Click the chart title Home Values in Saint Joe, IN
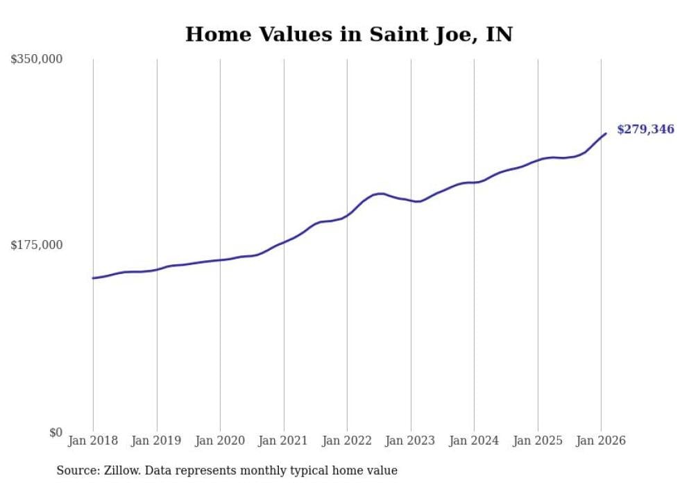[348, 34]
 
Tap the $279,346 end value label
[645, 129]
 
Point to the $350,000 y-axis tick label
[37, 60]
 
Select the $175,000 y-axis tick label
[37, 245]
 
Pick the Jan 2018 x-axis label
[93, 441]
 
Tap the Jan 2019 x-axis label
[157, 441]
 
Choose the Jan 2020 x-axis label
[220, 441]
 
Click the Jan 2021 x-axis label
[284, 441]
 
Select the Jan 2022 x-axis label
[347, 441]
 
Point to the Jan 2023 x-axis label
[411, 441]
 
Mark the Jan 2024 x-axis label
[474, 441]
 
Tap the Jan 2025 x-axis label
[538, 441]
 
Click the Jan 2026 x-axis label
[601, 441]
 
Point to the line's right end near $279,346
[606, 133]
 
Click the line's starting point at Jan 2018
[93, 278]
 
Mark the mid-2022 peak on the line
[380, 194]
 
